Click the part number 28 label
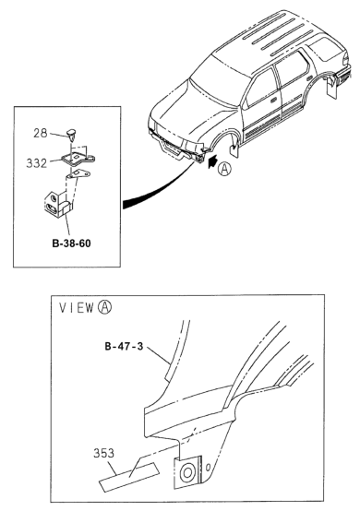pos(40,133)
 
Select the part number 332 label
pos(37,163)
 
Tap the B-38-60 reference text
pos(71,244)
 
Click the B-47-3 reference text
pos(124,346)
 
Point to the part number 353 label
pos(103,453)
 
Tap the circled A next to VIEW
pos(104,307)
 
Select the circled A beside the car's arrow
pos(224,169)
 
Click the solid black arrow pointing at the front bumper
pos(211,162)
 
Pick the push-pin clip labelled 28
pos(71,134)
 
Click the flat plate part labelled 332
pos(78,159)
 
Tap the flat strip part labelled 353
pos(129,475)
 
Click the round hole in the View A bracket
pos(187,472)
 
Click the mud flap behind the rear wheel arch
pos(332,88)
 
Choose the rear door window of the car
pos(292,71)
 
